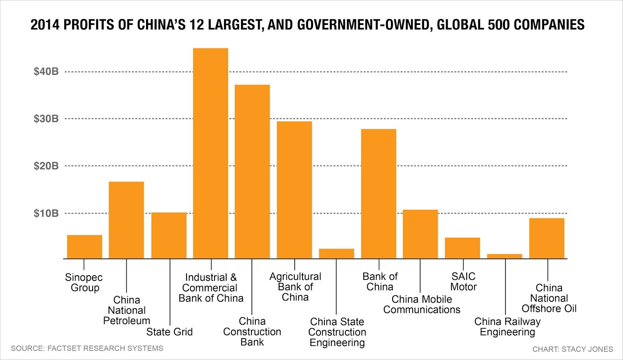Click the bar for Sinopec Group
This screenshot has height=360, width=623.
tap(84, 247)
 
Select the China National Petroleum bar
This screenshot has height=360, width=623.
tap(126, 220)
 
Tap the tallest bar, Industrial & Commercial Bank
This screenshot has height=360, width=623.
tap(211, 154)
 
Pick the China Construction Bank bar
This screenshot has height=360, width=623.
tap(252, 171)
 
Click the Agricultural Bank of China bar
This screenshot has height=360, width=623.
tap(294, 190)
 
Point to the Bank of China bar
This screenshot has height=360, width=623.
tap(378, 194)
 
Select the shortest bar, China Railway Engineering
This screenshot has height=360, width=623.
tap(505, 256)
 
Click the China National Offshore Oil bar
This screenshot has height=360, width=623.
tap(547, 238)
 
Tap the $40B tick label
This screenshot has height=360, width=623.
tap(46, 71)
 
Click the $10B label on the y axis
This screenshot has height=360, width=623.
tap(46, 213)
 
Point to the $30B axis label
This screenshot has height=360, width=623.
tap(46, 118)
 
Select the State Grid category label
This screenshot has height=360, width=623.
tap(169, 332)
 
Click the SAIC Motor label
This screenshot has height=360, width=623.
tap(463, 281)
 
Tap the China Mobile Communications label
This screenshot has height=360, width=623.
tap(422, 304)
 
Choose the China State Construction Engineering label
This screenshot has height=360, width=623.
tap(337, 332)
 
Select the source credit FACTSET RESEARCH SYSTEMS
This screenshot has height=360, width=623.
tap(105, 348)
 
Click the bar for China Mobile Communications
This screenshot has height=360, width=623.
tap(420, 234)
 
